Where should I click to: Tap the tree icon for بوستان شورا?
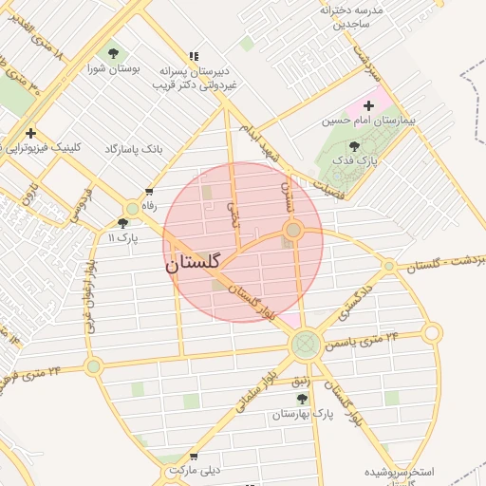pyautogui.click(x=114, y=53)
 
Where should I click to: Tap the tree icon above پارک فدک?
pyautogui.click(x=354, y=146)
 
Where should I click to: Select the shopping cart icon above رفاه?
pyautogui.click(x=149, y=190)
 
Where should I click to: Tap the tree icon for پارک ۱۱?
pyautogui.click(x=122, y=223)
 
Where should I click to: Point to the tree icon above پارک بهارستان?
pyautogui.click(x=302, y=399)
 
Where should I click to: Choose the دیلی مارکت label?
pyautogui.click(x=196, y=470)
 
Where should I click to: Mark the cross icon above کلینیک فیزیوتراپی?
pyautogui.click(x=31, y=134)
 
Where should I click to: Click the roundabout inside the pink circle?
pyautogui.click(x=293, y=230)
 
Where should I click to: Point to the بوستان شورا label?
pyautogui.click(x=114, y=69)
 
